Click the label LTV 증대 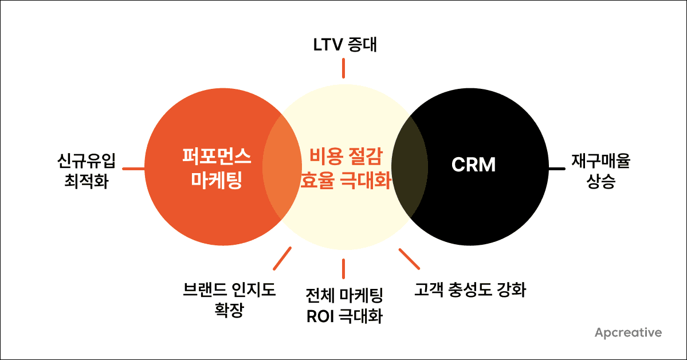pyautogui.click(x=343, y=44)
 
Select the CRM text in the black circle pyautogui.click(x=473, y=166)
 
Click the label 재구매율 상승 pyautogui.click(x=600, y=171)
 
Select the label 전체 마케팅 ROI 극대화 pyautogui.click(x=344, y=306)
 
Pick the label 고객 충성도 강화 pyautogui.click(x=470, y=289)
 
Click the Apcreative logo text pyautogui.click(x=628, y=332)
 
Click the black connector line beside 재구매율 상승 pyautogui.click(x=556, y=169)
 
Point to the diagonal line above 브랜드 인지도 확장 pyautogui.click(x=282, y=259)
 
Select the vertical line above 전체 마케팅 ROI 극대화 pyautogui.click(x=343, y=268)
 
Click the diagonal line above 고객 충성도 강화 pyautogui.click(x=409, y=259)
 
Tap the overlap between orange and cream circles pyautogui.click(x=282, y=166)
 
